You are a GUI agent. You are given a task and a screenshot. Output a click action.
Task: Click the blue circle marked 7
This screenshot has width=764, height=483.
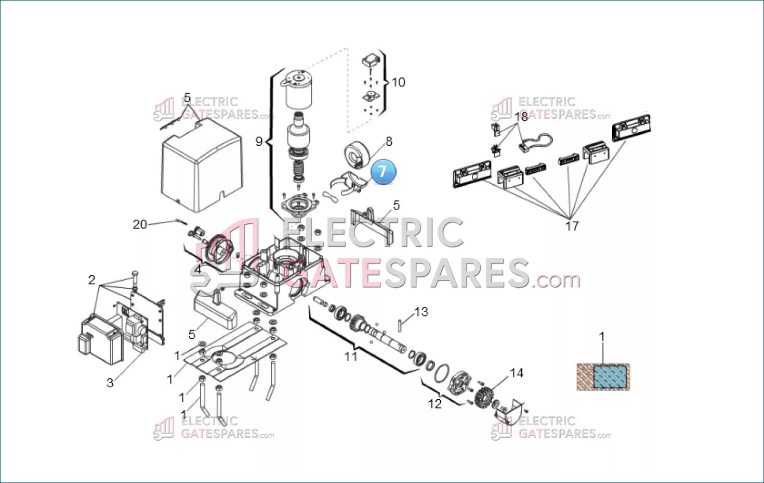click(384, 171)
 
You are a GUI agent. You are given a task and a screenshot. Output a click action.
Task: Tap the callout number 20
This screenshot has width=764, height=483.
click(139, 224)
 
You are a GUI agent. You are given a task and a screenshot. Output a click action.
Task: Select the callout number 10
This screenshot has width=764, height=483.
click(398, 82)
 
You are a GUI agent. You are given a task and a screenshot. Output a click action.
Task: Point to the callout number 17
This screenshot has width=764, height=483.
click(572, 226)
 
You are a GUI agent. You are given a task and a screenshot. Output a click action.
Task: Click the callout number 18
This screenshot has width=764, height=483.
click(521, 117)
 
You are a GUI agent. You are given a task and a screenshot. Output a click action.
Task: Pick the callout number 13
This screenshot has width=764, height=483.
click(421, 312)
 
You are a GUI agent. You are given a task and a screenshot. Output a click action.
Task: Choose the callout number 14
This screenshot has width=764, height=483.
click(517, 373)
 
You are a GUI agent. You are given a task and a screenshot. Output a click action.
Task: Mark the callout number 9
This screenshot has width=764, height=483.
click(259, 141)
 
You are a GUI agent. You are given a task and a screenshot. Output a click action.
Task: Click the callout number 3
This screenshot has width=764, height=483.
click(110, 383)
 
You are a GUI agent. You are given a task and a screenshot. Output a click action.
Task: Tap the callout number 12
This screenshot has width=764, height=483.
click(435, 404)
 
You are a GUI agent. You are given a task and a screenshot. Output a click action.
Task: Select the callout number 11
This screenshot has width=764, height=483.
click(351, 357)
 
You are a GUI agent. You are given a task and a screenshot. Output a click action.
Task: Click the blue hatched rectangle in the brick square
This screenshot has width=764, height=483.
click(610, 377)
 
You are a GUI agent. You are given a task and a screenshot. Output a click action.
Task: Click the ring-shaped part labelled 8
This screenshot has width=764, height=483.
click(357, 155)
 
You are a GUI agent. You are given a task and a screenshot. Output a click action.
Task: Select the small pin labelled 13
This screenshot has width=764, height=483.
click(400, 325)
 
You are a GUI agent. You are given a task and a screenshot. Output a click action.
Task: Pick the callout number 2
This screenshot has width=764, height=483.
click(91, 280)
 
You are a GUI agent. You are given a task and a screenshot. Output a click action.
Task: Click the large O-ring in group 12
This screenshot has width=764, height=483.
click(442, 373)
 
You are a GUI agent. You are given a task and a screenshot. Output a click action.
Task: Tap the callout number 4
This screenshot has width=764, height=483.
click(198, 270)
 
